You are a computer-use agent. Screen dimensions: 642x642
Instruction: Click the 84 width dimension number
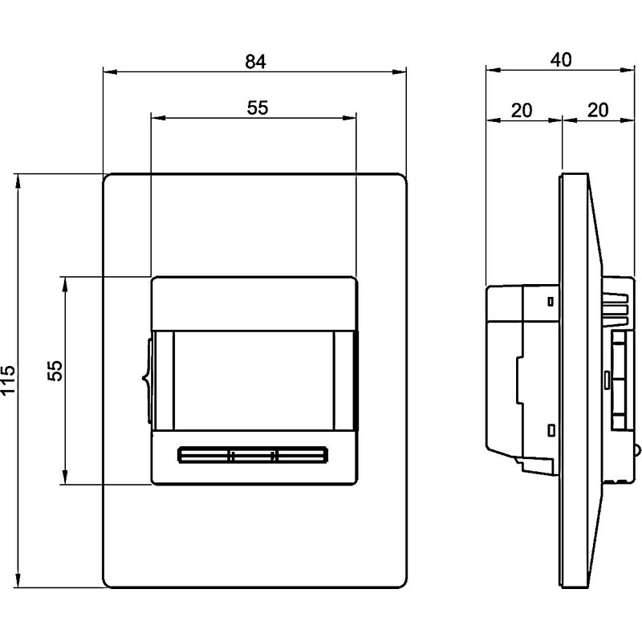(x=255, y=63)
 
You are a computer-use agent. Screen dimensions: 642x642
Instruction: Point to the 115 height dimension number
(x=9, y=382)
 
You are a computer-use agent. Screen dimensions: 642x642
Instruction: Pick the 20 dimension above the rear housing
(x=523, y=109)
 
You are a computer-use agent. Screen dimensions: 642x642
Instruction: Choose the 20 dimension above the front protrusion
(x=597, y=109)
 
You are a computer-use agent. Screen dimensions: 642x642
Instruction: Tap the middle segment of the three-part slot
(x=254, y=456)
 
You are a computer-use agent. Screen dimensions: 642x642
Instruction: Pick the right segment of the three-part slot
(x=303, y=456)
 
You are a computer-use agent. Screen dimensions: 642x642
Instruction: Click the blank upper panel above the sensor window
(x=253, y=303)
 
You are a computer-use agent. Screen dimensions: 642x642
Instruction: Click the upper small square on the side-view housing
(x=551, y=303)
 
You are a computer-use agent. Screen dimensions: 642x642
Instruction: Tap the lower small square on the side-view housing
(x=551, y=430)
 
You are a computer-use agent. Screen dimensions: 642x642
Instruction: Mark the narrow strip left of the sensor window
(x=164, y=382)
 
